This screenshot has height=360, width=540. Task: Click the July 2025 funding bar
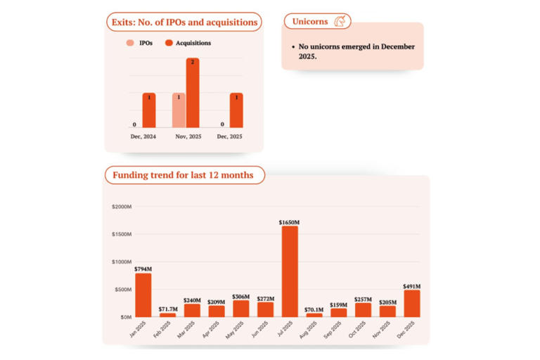click(289, 271)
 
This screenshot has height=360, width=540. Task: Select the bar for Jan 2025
click(143, 295)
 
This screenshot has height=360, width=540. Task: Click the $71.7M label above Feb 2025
click(168, 309)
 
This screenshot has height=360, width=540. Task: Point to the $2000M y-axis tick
click(122, 207)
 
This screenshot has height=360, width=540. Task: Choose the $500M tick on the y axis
click(123, 290)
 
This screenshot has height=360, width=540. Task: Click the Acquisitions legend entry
click(188, 43)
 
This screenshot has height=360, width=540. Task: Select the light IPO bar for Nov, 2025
click(179, 110)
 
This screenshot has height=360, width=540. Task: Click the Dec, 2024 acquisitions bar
click(149, 110)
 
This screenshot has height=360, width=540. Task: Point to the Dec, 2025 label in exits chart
click(230, 136)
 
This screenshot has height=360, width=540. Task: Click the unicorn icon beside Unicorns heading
click(341, 22)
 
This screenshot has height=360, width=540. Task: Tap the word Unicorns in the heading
click(310, 22)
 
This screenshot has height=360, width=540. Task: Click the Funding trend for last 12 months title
click(184, 175)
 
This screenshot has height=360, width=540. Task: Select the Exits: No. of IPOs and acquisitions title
click(184, 22)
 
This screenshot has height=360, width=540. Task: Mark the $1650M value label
click(289, 222)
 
